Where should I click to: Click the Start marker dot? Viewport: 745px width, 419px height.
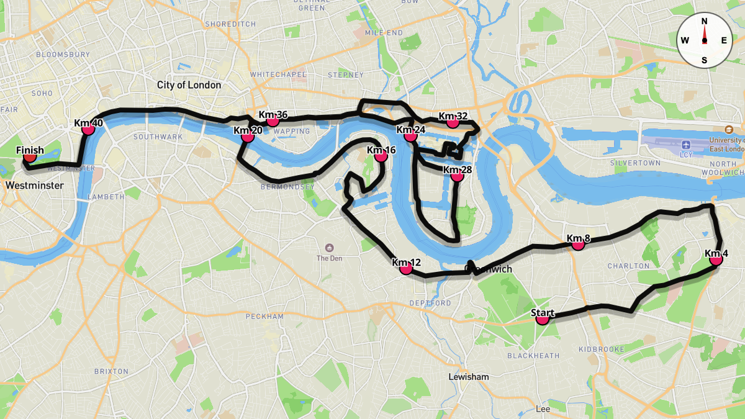click(543, 318)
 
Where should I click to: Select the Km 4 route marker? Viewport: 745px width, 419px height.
click(716, 259)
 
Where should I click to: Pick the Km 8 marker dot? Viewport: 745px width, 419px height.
click(578, 244)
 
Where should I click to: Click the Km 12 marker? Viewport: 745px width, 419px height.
click(406, 268)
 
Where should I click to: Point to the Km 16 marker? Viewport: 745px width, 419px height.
click(381, 156)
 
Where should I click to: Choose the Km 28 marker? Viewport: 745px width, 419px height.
click(458, 176)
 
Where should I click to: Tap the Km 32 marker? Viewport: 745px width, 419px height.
click(453, 122)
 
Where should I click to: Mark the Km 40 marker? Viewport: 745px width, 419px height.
click(88, 128)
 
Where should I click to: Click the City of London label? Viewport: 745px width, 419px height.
click(189, 85)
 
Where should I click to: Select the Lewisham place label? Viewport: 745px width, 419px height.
click(469, 377)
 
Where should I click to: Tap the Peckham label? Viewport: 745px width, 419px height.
click(264, 317)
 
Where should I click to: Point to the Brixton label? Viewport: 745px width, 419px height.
click(112, 371)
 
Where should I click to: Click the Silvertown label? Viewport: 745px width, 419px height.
click(635, 163)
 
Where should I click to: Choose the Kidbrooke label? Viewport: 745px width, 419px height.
click(601, 349)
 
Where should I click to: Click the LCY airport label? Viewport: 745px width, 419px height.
click(686, 155)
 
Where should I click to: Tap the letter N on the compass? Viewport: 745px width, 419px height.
click(704, 21)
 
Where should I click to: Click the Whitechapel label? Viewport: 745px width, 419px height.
click(278, 74)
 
